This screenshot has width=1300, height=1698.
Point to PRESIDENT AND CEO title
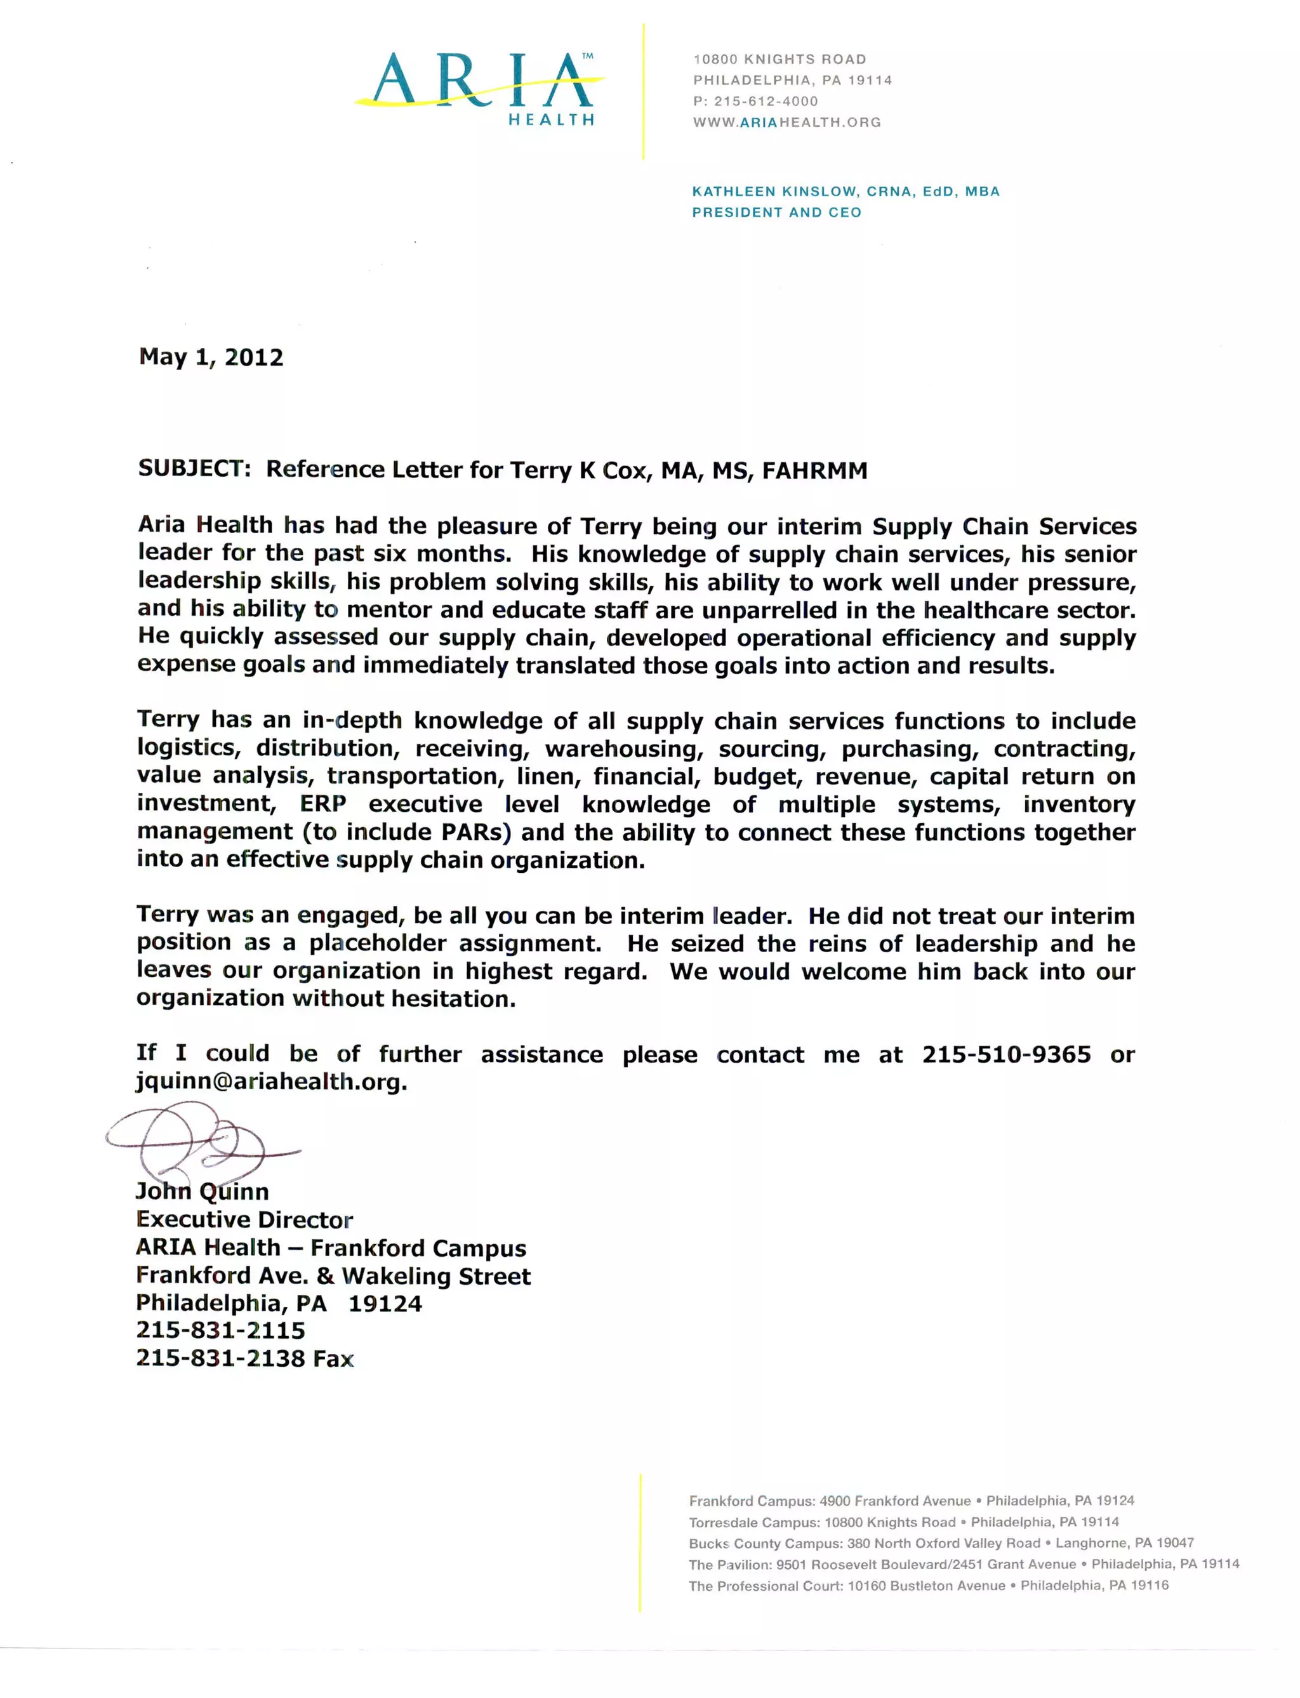(776, 212)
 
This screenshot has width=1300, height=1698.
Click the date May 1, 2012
(211, 357)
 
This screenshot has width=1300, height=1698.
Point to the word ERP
(322, 804)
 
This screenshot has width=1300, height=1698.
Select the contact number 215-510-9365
(1006, 1055)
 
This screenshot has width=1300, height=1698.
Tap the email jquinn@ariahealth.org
(271, 1082)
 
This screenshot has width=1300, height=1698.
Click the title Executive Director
(244, 1220)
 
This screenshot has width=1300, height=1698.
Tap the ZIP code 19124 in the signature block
(385, 1303)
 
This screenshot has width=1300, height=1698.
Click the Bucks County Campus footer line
(941, 1542)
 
